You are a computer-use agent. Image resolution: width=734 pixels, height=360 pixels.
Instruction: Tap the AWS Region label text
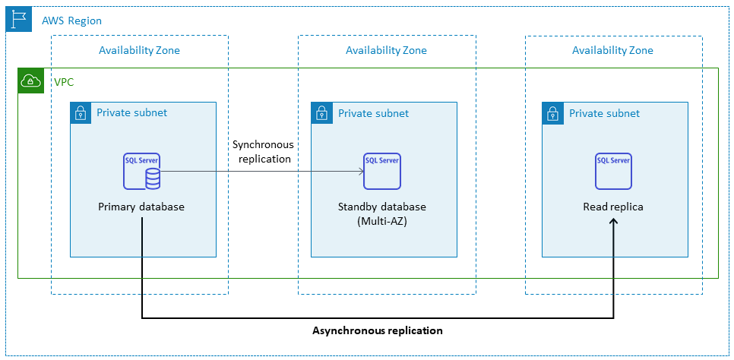click(71, 21)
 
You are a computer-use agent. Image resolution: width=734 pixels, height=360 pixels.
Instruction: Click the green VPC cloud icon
click(30, 81)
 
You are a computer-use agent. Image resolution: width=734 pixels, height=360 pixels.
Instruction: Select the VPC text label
click(64, 81)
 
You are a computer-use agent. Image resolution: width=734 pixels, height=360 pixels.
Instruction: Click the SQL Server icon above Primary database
click(142, 171)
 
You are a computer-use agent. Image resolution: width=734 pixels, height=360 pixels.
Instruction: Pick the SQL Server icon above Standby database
click(381, 171)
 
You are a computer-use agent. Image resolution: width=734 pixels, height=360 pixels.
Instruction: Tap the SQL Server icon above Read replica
click(612, 171)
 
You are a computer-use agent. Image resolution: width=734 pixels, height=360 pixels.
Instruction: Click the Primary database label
click(141, 207)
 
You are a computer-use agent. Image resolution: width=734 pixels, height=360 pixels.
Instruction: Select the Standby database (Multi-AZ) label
click(381, 213)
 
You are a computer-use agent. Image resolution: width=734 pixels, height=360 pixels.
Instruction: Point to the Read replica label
click(613, 207)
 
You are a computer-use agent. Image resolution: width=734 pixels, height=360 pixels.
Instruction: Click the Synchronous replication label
click(264, 152)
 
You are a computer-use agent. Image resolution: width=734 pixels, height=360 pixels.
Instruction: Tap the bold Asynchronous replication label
click(378, 331)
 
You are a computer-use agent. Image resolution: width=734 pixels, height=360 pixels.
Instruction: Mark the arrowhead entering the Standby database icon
click(360, 172)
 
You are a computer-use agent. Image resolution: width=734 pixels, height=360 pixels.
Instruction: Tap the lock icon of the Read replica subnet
click(553, 114)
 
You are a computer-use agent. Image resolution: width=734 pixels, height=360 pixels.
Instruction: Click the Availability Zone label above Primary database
click(139, 51)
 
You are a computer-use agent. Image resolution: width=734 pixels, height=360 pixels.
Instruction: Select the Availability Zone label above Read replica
click(612, 51)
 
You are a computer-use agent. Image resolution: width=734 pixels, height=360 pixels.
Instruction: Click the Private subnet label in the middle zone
click(373, 113)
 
